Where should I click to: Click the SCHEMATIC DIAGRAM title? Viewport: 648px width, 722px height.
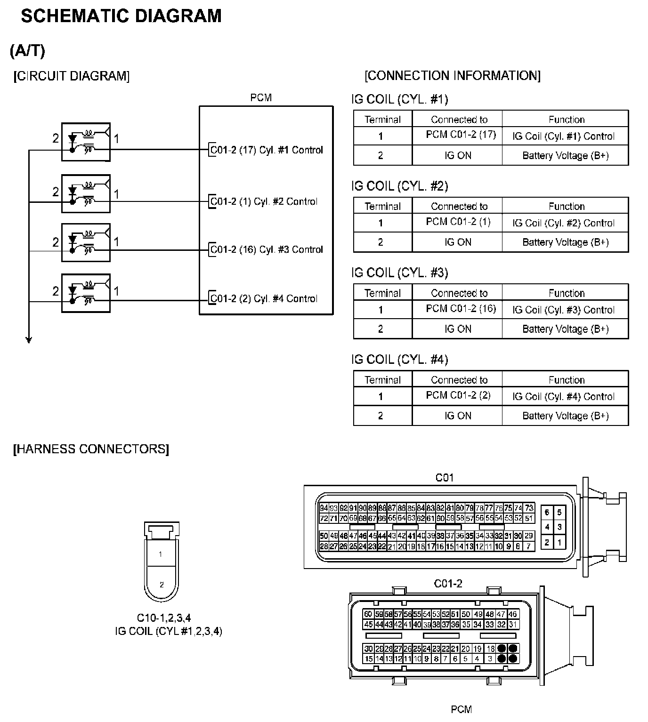pyautogui.click(x=121, y=16)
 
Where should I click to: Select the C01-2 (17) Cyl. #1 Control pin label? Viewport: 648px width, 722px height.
pyautogui.click(x=267, y=150)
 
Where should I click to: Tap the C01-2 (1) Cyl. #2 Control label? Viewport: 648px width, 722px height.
pyautogui.click(x=264, y=201)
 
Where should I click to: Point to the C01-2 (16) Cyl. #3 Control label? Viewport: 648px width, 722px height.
pyautogui.click(x=267, y=249)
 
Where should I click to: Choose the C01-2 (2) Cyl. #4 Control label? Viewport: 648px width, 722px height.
pyautogui.click(x=264, y=299)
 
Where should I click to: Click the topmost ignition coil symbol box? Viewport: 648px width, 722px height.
pyautogui.click(x=86, y=142)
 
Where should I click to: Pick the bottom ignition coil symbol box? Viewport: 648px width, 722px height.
pyautogui.click(x=86, y=293)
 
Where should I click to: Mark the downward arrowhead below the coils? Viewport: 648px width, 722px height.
pyautogui.click(x=29, y=339)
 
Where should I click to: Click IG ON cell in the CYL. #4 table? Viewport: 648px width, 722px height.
pyautogui.click(x=458, y=416)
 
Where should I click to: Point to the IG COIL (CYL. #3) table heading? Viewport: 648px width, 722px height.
pyautogui.click(x=399, y=273)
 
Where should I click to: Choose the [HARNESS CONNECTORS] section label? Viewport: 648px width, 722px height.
pyautogui.click(x=91, y=449)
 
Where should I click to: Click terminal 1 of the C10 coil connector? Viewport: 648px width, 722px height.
pyautogui.click(x=161, y=554)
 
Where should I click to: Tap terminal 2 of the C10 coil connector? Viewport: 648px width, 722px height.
pyautogui.click(x=162, y=585)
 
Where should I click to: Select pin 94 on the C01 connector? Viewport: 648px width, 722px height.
pyautogui.click(x=324, y=508)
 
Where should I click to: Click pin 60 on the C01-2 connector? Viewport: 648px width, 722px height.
pyautogui.click(x=368, y=614)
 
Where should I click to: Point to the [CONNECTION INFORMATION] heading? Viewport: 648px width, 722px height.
pyautogui.click(x=453, y=76)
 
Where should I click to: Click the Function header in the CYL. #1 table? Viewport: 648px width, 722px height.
pyautogui.click(x=566, y=120)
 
